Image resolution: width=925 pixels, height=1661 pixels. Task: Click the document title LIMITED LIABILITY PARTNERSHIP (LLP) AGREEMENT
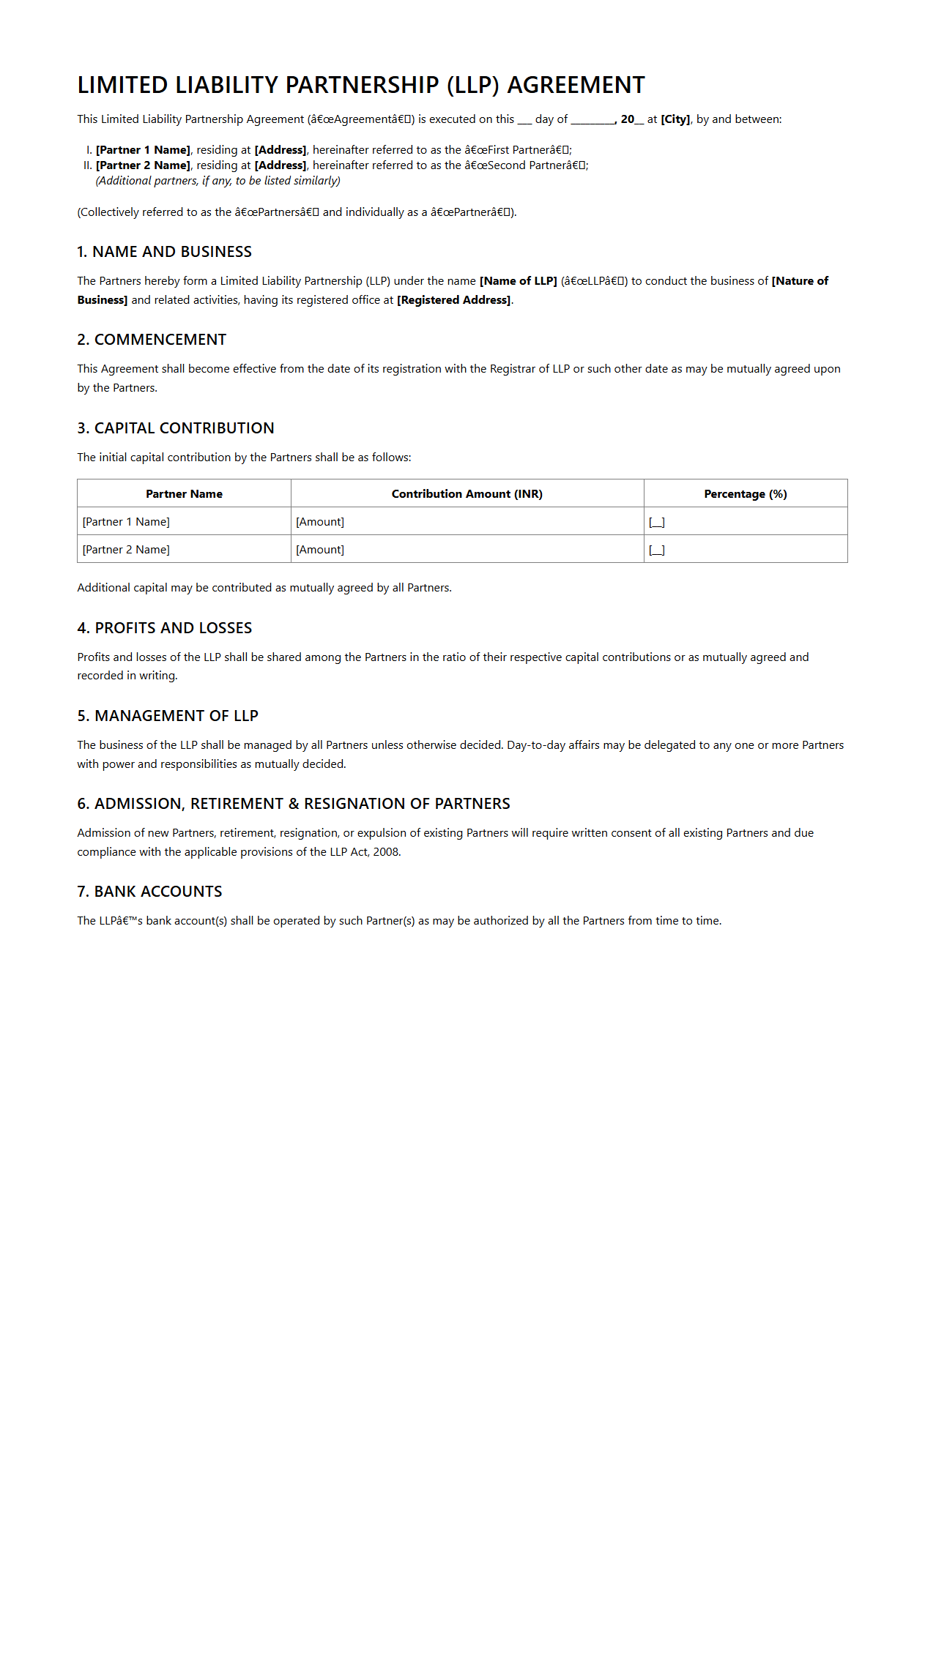(x=361, y=85)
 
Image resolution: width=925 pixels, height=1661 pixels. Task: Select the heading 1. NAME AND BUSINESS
(x=164, y=252)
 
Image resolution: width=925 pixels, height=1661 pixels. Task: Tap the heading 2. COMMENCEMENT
(x=152, y=340)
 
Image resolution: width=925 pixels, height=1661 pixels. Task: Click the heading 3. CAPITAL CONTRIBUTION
(x=176, y=428)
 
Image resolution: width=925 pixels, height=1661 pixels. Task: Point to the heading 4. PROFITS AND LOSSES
(x=165, y=628)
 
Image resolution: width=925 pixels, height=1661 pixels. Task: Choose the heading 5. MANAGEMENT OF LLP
(x=168, y=716)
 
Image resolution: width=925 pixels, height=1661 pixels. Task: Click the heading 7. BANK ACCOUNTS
(x=149, y=892)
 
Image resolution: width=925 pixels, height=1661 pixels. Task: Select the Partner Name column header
(x=184, y=494)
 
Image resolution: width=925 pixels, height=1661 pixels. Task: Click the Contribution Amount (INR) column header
(x=467, y=494)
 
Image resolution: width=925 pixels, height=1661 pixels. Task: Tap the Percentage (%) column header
(x=746, y=494)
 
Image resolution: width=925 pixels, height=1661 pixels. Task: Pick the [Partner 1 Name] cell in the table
(x=126, y=522)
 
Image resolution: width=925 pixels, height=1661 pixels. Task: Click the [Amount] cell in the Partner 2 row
(x=320, y=550)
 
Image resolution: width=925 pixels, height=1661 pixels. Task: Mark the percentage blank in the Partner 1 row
(x=657, y=522)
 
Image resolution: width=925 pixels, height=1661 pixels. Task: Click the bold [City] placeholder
(x=675, y=119)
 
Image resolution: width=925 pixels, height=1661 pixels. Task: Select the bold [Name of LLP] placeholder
(x=519, y=281)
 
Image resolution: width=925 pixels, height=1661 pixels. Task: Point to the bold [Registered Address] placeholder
(x=454, y=300)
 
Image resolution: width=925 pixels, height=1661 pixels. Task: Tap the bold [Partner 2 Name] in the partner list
(x=143, y=165)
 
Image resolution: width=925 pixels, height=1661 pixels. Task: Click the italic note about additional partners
(x=218, y=181)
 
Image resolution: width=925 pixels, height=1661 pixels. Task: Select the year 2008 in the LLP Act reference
(x=386, y=852)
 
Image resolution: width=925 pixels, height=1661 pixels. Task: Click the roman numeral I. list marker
(x=89, y=150)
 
